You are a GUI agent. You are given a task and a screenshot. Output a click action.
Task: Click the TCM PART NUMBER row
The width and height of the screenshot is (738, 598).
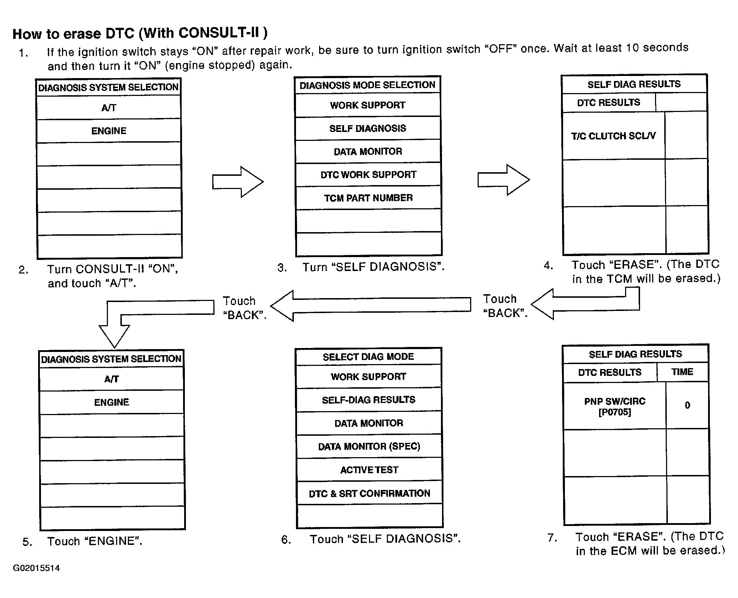(368, 198)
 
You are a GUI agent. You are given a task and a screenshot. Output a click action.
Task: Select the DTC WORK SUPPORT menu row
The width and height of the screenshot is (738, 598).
(368, 175)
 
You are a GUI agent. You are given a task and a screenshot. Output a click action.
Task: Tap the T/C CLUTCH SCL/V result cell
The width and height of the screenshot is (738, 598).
(613, 136)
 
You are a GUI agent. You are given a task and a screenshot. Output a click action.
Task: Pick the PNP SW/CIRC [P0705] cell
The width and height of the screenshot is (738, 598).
(615, 407)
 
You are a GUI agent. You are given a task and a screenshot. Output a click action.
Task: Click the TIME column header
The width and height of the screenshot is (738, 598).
(682, 372)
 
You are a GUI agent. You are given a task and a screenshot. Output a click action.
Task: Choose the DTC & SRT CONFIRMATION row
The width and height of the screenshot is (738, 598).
(369, 493)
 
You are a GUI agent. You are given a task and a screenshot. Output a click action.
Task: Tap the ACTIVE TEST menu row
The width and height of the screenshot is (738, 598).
(369, 470)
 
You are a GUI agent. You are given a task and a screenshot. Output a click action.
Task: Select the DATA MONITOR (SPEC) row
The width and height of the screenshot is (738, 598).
(369, 446)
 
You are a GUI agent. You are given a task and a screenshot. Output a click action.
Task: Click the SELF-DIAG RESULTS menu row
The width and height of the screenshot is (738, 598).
(369, 400)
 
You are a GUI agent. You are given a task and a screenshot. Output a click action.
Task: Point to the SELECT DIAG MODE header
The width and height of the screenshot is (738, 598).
(368, 357)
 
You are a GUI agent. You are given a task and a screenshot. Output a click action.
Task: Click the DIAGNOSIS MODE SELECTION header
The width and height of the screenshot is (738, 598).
(367, 85)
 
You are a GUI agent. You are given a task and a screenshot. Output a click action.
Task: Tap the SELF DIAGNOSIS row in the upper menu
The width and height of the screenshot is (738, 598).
(368, 128)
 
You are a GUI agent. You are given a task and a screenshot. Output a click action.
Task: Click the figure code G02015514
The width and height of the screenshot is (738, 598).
(36, 568)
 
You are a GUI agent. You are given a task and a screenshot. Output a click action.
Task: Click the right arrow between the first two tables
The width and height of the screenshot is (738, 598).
(238, 182)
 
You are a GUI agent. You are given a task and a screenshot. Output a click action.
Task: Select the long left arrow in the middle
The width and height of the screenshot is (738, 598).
(370, 306)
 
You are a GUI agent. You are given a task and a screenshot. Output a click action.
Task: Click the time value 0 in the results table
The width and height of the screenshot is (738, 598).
(687, 405)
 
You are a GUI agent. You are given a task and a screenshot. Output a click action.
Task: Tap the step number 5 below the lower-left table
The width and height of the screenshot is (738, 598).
(27, 542)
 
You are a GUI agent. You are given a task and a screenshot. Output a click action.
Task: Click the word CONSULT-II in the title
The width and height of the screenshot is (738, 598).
(220, 33)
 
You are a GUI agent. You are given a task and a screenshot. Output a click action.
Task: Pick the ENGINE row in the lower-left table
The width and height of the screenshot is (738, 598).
(112, 402)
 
